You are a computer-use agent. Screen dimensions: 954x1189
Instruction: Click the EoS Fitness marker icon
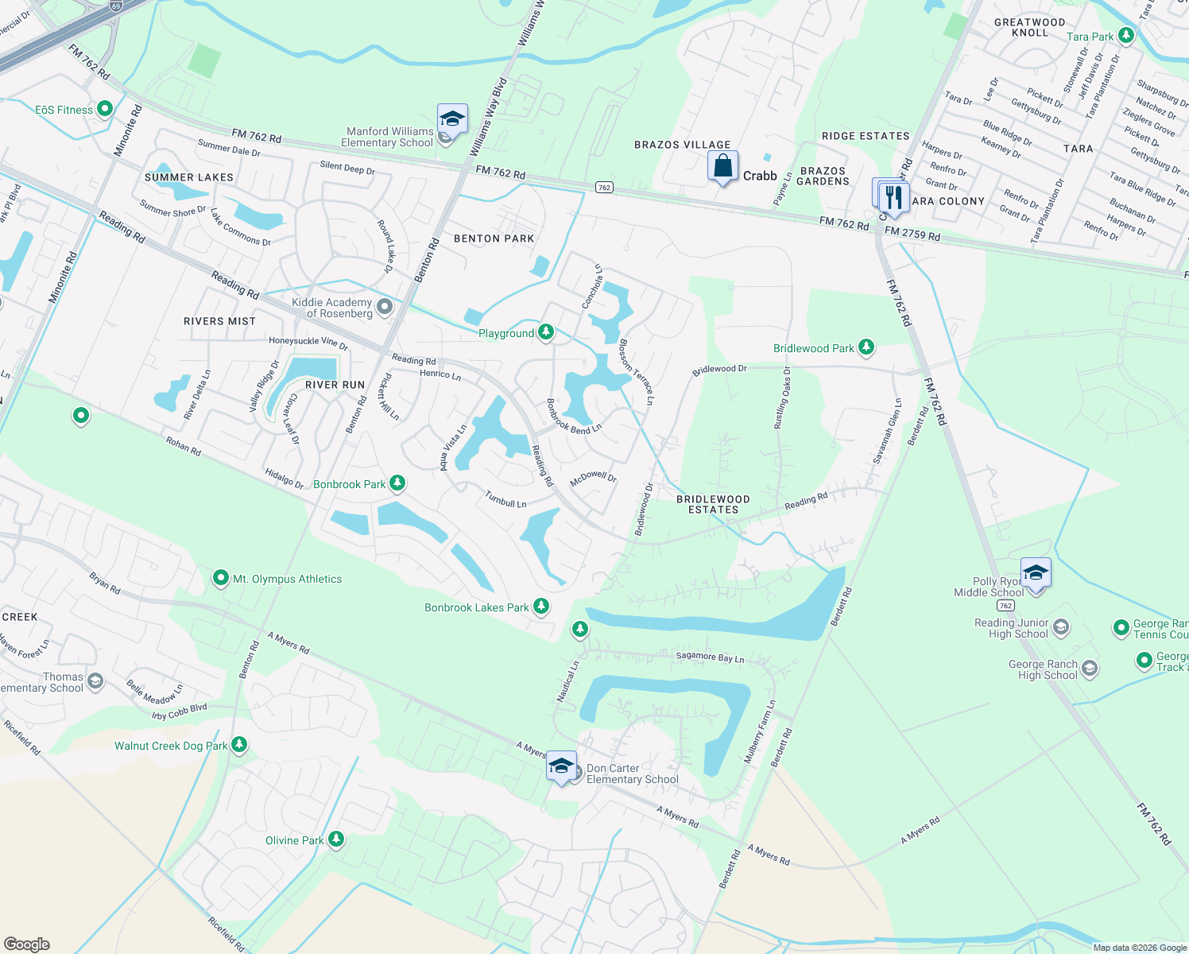105,110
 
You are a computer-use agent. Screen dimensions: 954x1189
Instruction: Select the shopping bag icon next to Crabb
722,167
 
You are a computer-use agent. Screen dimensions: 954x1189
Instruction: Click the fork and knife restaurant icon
894,198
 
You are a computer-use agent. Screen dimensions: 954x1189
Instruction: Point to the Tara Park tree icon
1125,36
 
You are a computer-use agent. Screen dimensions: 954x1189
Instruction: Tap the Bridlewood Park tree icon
866,347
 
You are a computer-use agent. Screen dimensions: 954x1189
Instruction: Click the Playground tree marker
546,332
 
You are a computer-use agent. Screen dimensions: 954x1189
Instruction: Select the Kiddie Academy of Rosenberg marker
385,307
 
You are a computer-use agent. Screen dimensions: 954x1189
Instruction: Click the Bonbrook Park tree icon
397,483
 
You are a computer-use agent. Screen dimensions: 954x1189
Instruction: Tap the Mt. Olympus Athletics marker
221,579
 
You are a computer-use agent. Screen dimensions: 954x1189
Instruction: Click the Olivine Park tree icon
336,840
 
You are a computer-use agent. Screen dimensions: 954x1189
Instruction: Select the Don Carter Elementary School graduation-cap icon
562,766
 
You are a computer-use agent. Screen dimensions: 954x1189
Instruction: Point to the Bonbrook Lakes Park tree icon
541,607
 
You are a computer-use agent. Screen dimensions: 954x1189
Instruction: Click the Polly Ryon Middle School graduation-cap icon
1036,573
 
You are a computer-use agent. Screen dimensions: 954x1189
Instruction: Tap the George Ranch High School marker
1090,669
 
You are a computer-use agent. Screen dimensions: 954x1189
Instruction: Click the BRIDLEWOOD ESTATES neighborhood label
713,504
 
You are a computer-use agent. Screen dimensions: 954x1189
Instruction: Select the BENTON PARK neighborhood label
494,238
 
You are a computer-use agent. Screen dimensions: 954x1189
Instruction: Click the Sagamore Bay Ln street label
710,657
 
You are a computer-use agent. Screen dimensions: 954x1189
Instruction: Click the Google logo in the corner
26,944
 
